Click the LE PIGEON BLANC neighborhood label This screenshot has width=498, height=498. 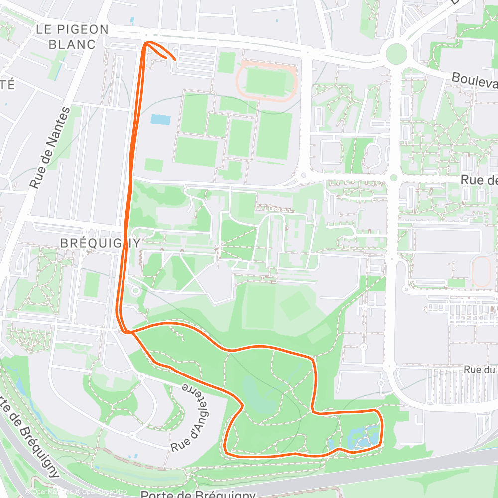coord(72,36)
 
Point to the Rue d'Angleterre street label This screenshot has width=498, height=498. coord(191,418)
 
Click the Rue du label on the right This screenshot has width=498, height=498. coord(481,370)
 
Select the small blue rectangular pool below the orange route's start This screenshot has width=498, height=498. coord(160,120)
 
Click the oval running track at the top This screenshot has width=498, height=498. coord(266,81)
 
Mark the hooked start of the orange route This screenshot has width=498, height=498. coord(174,59)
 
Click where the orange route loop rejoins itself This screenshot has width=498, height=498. coord(131,332)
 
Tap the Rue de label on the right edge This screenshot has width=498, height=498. coord(479,180)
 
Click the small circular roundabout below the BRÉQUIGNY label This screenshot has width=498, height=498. coord(134,289)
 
